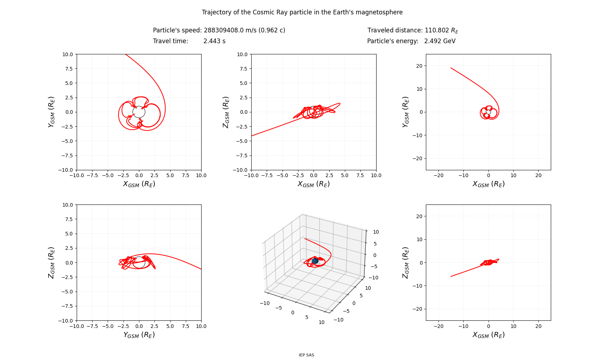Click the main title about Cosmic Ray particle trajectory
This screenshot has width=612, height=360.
click(x=302, y=12)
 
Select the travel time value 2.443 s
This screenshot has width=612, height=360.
click(x=214, y=41)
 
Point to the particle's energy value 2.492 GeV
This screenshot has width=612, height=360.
click(x=440, y=41)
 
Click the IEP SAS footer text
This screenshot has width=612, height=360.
click(x=306, y=355)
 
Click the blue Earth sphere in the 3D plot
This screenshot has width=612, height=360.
click(x=315, y=261)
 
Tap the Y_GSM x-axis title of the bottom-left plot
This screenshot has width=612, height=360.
click(x=139, y=335)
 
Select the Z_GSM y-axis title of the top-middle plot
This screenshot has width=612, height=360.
click(x=226, y=112)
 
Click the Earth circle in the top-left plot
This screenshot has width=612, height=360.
click(x=139, y=112)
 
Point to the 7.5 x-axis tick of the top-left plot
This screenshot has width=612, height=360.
click(x=186, y=175)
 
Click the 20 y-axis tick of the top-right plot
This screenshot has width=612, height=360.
click(x=419, y=66)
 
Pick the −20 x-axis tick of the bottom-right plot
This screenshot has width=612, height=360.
click(x=438, y=326)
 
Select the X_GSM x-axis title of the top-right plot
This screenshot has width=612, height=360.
click(x=488, y=184)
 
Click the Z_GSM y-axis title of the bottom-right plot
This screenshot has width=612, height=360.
click(x=405, y=262)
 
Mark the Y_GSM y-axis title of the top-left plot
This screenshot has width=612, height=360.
click(x=51, y=112)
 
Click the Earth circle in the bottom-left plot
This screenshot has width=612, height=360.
click(x=139, y=262)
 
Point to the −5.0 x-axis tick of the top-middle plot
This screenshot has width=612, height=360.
click(x=283, y=175)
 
